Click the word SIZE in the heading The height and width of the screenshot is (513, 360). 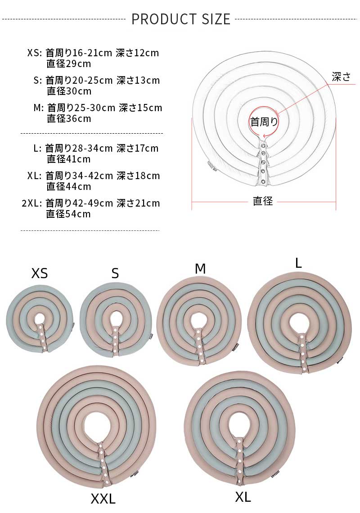(x=216, y=19)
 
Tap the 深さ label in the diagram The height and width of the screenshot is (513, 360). (x=341, y=76)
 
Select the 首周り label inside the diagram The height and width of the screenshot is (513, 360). (x=264, y=122)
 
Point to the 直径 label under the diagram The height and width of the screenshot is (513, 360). (x=262, y=201)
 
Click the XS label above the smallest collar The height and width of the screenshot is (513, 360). (x=40, y=273)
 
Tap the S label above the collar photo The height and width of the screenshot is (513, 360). (x=115, y=273)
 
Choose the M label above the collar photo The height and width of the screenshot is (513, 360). (x=200, y=269)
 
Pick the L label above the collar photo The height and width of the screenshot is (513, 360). (x=298, y=263)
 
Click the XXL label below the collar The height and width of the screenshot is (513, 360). (x=103, y=499)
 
